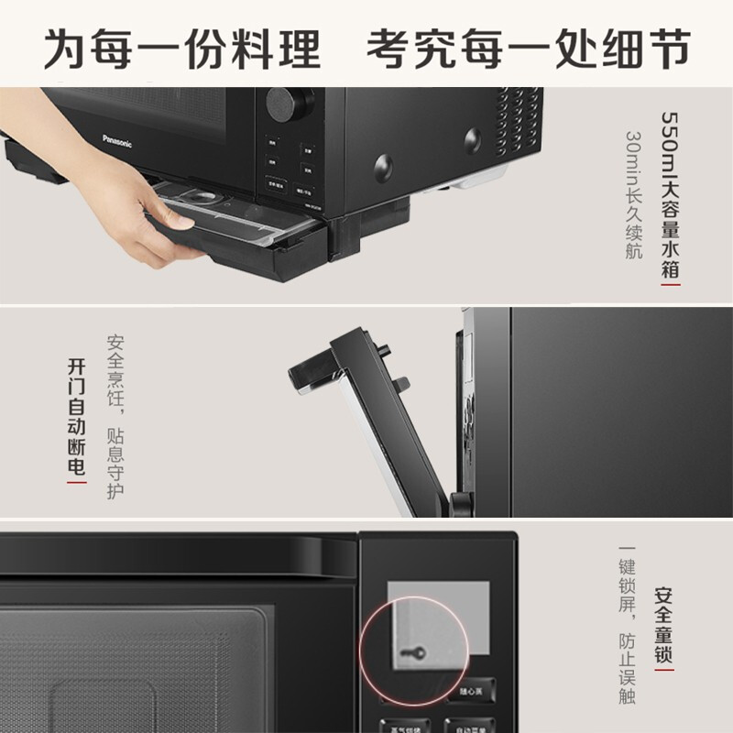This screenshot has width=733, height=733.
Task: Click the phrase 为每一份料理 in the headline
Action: (x=182, y=47)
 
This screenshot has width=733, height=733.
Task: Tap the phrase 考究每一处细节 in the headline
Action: (x=528, y=47)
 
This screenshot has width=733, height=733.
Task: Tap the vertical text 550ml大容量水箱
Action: (x=671, y=192)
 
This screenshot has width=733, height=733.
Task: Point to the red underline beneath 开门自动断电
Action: (x=78, y=482)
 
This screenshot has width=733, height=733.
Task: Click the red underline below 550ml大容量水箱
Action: (x=671, y=285)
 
